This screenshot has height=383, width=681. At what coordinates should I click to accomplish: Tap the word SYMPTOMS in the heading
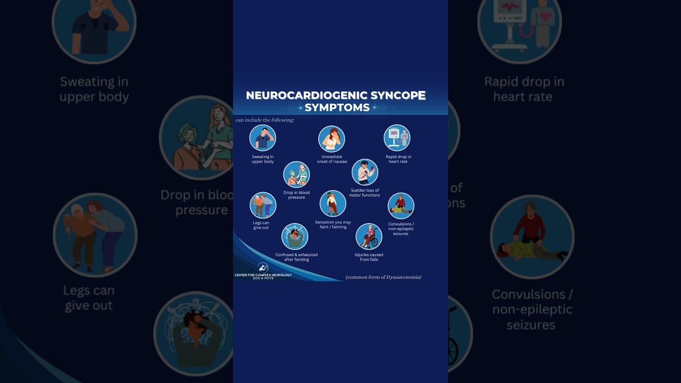pos(337,107)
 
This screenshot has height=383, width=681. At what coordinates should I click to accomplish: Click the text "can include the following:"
pos(265,120)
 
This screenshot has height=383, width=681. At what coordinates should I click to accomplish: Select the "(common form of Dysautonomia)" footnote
pos(383,277)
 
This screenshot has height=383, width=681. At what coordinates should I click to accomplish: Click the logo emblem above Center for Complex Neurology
pos(262,267)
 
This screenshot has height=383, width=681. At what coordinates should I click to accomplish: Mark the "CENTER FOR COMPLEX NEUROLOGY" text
pos(263,275)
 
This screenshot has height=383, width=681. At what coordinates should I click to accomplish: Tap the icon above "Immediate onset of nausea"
pos(331,139)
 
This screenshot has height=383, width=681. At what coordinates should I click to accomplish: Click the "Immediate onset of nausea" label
pos(332,159)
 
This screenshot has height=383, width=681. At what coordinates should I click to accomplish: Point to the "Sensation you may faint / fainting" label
pos(333,224)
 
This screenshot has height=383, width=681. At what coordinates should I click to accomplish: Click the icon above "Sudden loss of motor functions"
pos(364,172)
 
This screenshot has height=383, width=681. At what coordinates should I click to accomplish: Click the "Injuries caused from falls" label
pos(369,257)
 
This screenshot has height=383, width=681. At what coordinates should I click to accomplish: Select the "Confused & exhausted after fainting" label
pos(296,257)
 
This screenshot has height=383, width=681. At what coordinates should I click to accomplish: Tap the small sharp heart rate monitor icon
pos(397,138)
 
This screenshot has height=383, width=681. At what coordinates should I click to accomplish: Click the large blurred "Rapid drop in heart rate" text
pos(524,89)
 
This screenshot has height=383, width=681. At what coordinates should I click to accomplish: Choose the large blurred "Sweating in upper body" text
pos(94,89)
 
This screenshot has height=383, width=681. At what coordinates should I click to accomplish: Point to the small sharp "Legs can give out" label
pos(261,225)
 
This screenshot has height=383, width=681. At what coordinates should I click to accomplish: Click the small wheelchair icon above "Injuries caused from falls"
pos(369,236)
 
